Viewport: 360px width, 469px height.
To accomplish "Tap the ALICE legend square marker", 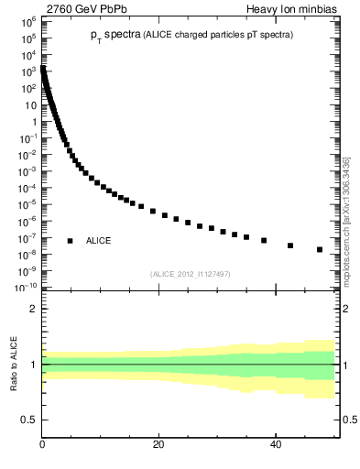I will point(70,240).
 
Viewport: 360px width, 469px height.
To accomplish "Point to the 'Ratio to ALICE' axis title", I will point(15,364).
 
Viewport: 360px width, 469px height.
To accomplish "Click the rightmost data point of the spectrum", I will point(320,249).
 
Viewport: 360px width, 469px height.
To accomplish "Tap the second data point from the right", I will point(290,245).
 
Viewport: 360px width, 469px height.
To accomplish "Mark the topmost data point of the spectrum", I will point(43,68).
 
